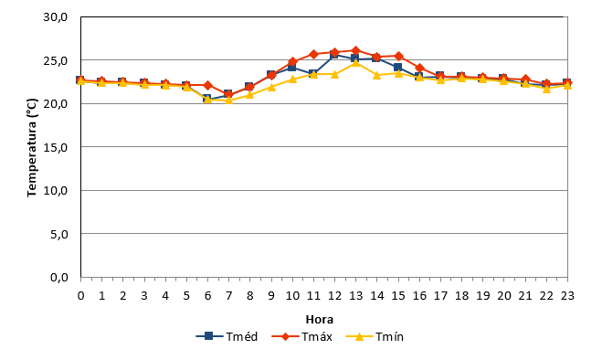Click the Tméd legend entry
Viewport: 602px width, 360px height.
[x=227, y=336]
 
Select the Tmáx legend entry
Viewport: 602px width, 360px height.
[x=301, y=336]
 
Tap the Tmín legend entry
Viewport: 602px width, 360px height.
[x=375, y=336]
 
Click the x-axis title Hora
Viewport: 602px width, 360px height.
[x=320, y=319]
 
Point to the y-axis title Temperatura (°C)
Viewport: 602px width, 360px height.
[x=32, y=148]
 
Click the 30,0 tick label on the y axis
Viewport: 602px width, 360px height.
[x=56, y=17]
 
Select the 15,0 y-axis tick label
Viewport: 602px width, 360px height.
[x=56, y=147]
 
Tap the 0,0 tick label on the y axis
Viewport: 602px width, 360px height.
[x=58, y=277]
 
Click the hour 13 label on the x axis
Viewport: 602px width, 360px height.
[x=356, y=295]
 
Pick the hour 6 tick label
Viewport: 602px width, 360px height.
[x=207, y=295]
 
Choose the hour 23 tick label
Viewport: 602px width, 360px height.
[x=567, y=295]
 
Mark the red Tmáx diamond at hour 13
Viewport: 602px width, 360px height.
[x=356, y=50]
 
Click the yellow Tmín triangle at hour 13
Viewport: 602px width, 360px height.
[x=356, y=62]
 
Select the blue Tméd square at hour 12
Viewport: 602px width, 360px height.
[x=334, y=55]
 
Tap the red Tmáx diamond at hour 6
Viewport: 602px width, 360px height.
[x=207, y=85]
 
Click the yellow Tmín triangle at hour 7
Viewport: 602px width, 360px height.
[x=228, y=100]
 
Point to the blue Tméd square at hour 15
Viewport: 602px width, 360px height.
[x=398, y=68]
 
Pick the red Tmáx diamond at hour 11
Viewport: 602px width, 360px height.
[x=313, y=54]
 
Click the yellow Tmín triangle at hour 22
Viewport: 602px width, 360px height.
[x=546, y=89]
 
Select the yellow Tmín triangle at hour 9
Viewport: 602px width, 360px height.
[x=271, y=87]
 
